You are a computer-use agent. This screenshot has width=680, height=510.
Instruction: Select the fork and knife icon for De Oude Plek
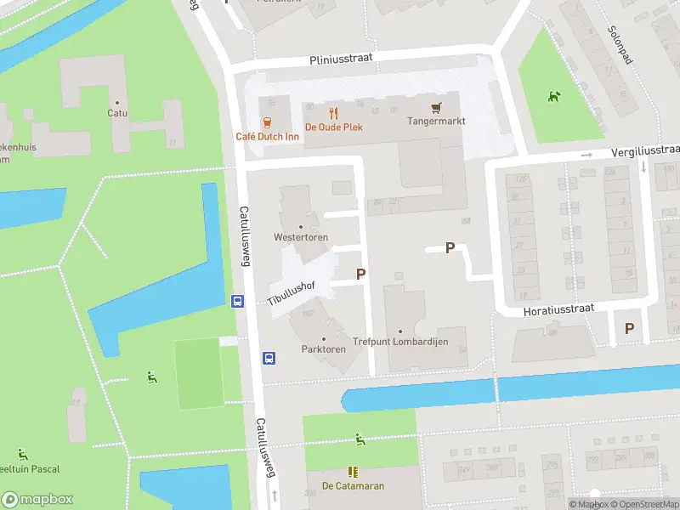tap(333, 112)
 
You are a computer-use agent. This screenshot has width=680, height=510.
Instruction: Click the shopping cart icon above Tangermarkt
tap(437, 108)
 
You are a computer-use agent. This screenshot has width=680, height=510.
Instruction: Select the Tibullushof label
tap(292, 292)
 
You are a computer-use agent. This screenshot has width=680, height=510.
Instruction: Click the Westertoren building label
tap(301, 237)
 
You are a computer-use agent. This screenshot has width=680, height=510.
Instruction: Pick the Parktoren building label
tap(323, 349)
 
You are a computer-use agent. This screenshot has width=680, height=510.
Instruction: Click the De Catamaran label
tap(353, 486)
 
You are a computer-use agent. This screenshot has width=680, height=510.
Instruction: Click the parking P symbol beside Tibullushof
tap(361, 275)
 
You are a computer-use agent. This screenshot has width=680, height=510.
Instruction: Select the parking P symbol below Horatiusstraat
tap(629, 328)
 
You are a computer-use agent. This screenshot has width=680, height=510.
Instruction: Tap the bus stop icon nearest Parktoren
tap(269, 358)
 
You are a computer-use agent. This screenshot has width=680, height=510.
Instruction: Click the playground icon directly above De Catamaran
tap(360, 439)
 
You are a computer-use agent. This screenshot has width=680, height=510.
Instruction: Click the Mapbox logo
tap(37, 499)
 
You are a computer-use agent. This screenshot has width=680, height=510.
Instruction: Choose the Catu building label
tap(117, 112)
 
